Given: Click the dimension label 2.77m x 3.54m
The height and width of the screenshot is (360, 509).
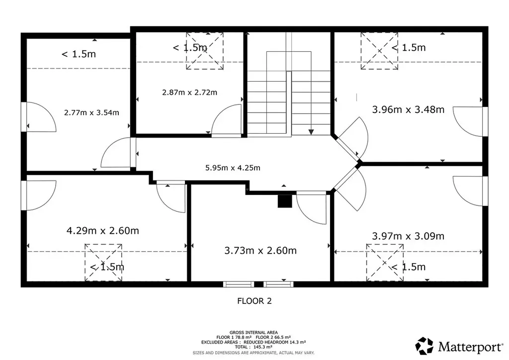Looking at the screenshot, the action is point(91,113).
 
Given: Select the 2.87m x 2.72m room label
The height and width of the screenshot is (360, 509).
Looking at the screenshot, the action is point(189,92).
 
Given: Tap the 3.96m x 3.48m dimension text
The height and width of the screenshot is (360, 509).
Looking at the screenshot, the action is point(408,110).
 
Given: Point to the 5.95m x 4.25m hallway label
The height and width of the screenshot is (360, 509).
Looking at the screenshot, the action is point(233,168).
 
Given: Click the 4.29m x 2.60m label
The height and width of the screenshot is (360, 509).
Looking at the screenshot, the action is point(102,231).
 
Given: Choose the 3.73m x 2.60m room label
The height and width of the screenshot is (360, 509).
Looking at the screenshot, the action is point(260,251).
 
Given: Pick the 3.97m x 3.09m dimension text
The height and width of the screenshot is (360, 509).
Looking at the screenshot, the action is point(408,236).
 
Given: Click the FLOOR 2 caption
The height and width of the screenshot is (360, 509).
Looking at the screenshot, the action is point(254,301).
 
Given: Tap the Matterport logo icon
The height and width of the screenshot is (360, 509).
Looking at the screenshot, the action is point(424,346).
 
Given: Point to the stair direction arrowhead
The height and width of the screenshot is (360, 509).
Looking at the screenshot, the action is point(311,132).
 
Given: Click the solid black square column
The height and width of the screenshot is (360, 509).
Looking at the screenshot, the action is point(285,201).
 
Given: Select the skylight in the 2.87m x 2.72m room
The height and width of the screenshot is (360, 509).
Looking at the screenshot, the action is point(205,51).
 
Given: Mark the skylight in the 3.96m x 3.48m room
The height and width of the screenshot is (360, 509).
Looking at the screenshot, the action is point(379,51).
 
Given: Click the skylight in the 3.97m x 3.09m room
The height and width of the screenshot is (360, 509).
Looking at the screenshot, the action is point(385,263).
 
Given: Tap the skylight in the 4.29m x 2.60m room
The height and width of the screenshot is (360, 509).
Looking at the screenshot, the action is point(103,263).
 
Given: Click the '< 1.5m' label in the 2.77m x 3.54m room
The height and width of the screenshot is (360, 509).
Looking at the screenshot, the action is point(79,54).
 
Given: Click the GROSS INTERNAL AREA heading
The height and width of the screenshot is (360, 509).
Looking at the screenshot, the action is point(254,333).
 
